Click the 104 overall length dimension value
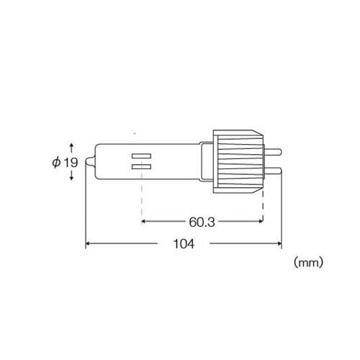click(184, 244)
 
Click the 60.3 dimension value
click(202, 222)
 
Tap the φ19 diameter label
click(65, 163)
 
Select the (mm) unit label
click(308, 263)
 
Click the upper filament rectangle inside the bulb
click(141, 156)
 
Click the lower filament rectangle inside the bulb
click(141, 167)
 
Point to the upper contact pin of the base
click(273, 152)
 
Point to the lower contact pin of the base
click(273, 170)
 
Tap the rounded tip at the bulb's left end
click(90, 161)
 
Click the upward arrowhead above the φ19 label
click(71, 145)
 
